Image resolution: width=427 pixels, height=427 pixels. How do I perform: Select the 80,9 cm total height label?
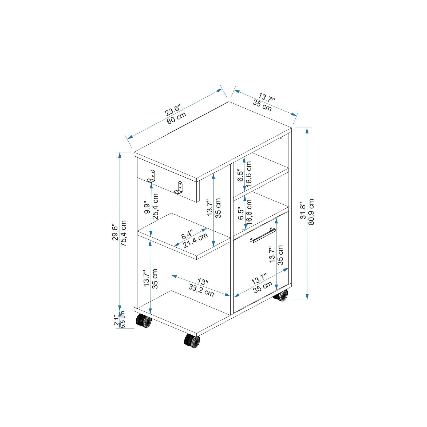pyautogui.click(x=311, y=212)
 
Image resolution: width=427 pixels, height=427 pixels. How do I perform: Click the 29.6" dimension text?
pyautogui.click(x=115, y=232)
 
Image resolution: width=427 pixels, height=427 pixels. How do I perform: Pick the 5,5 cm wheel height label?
pyautogui.click(x=123, y=320)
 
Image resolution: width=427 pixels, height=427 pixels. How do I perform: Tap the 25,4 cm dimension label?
pyautogui.click(x=155, y=206)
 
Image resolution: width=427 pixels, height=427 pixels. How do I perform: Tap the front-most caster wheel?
pyautogui.click(x=192, y=341)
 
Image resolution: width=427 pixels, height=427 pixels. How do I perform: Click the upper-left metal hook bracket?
pyautogui.click(x=152, y=176)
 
